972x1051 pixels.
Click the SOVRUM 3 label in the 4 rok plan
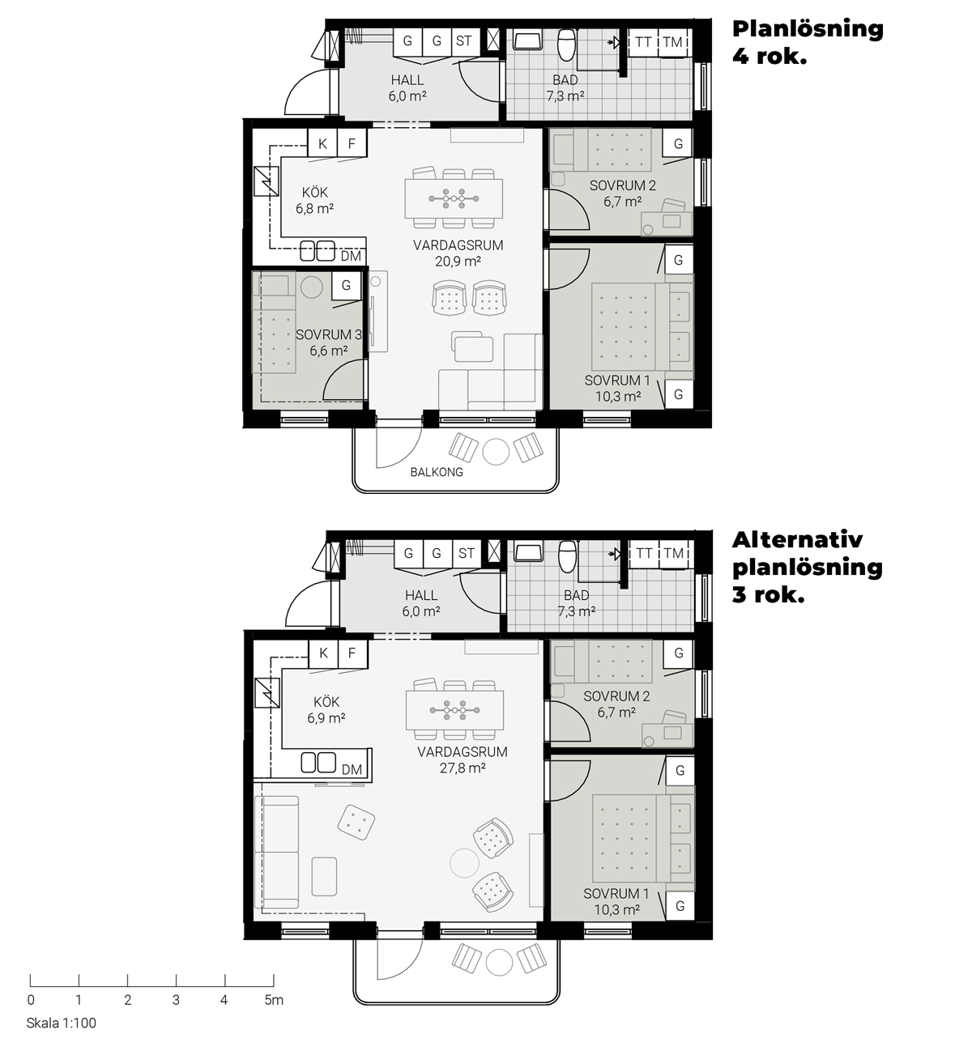pyautogui.click(x=328, y=334)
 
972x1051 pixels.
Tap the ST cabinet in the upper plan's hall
pyautogui.click(x=464, y=40)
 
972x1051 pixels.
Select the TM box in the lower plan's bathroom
pyautogui.click(x=673, y=553)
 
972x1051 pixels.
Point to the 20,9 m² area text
pyautogui.click(x=458, y=262)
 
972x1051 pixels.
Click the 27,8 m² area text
pyautogui.click(x=463, y=768)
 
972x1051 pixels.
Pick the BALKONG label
pyautogui.click(x=437, y=472)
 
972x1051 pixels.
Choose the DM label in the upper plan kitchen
pyautogui.click(x=351, y=256)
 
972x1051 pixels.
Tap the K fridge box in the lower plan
pyautogui.click(x=323, y=653)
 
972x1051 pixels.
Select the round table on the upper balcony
pyautogui.click(x=496, y=451)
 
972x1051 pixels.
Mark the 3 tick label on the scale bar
pyautogui.click(x=176, y=1000)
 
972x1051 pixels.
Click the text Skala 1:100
pyautogui.click(x=62, y=1023)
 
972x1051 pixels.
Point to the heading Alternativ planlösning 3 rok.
pyautogui.click(x=808, y=567)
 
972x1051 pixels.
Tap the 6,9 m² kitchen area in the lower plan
pyautogui.click(x=326, y=718)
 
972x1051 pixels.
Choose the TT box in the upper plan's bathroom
pyautogui.click(x=643, y=42)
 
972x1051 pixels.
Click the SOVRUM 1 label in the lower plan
pyautogui.click(x=616, y=894)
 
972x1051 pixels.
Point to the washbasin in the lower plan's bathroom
pyautogui.click(x=528, y=552)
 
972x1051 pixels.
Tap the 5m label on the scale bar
pyautogui.click(x=274, y=1000)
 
